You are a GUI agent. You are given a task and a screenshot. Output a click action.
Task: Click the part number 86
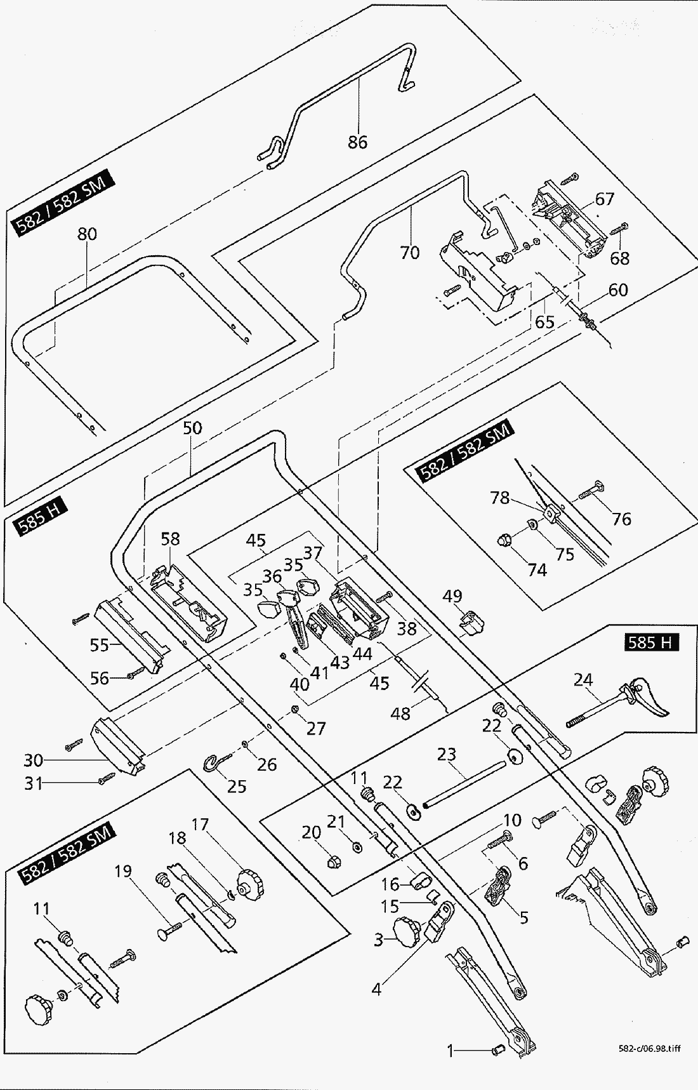click(x=357, y=142)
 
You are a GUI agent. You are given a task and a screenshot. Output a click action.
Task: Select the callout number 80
click(x=87, y=234)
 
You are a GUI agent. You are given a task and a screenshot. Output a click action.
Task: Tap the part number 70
click(x=410, y=253)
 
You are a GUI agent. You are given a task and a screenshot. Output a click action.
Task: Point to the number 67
click(x=604, y=199)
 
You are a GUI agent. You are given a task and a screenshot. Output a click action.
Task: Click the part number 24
click(x=583, y=681)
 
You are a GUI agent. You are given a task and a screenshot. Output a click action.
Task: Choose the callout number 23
click(x=446, y=754)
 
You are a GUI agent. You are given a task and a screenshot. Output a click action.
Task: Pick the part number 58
click(x=170, y=539)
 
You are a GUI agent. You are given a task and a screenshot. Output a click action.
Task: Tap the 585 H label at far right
click(x=649, y=642)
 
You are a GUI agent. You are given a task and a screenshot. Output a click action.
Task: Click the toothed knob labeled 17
click(x=247, y=883)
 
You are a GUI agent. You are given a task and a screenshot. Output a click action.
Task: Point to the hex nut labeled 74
click(x=504, y=543)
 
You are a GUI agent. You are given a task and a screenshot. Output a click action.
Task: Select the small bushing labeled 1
click(x=498, y=1051)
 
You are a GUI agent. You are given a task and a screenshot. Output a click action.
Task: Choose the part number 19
click(x=123, y=870)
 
